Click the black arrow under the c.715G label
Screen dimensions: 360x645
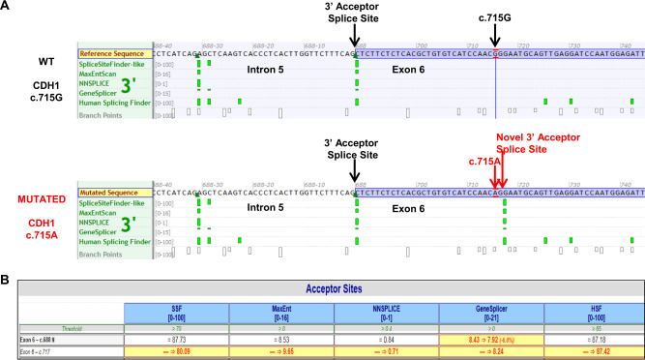coord(495,34)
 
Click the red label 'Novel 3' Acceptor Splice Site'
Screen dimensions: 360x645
coord(528,143)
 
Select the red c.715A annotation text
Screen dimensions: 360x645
coord(483,162)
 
